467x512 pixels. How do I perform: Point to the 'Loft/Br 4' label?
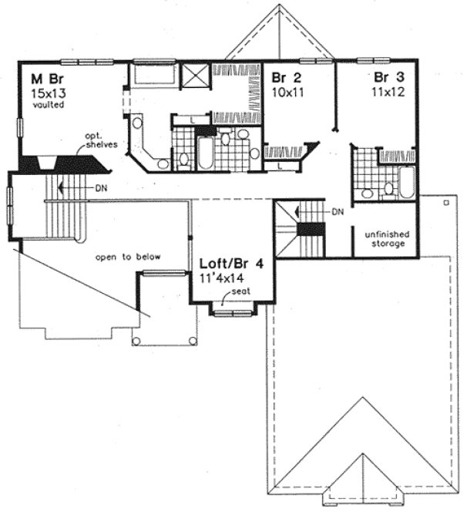(232, 263)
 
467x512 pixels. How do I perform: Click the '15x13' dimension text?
(45, 92)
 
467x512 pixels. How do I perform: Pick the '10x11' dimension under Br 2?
(285, 90)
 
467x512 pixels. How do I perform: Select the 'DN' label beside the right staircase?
(337, 212)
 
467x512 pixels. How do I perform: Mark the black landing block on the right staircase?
(311, 229)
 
